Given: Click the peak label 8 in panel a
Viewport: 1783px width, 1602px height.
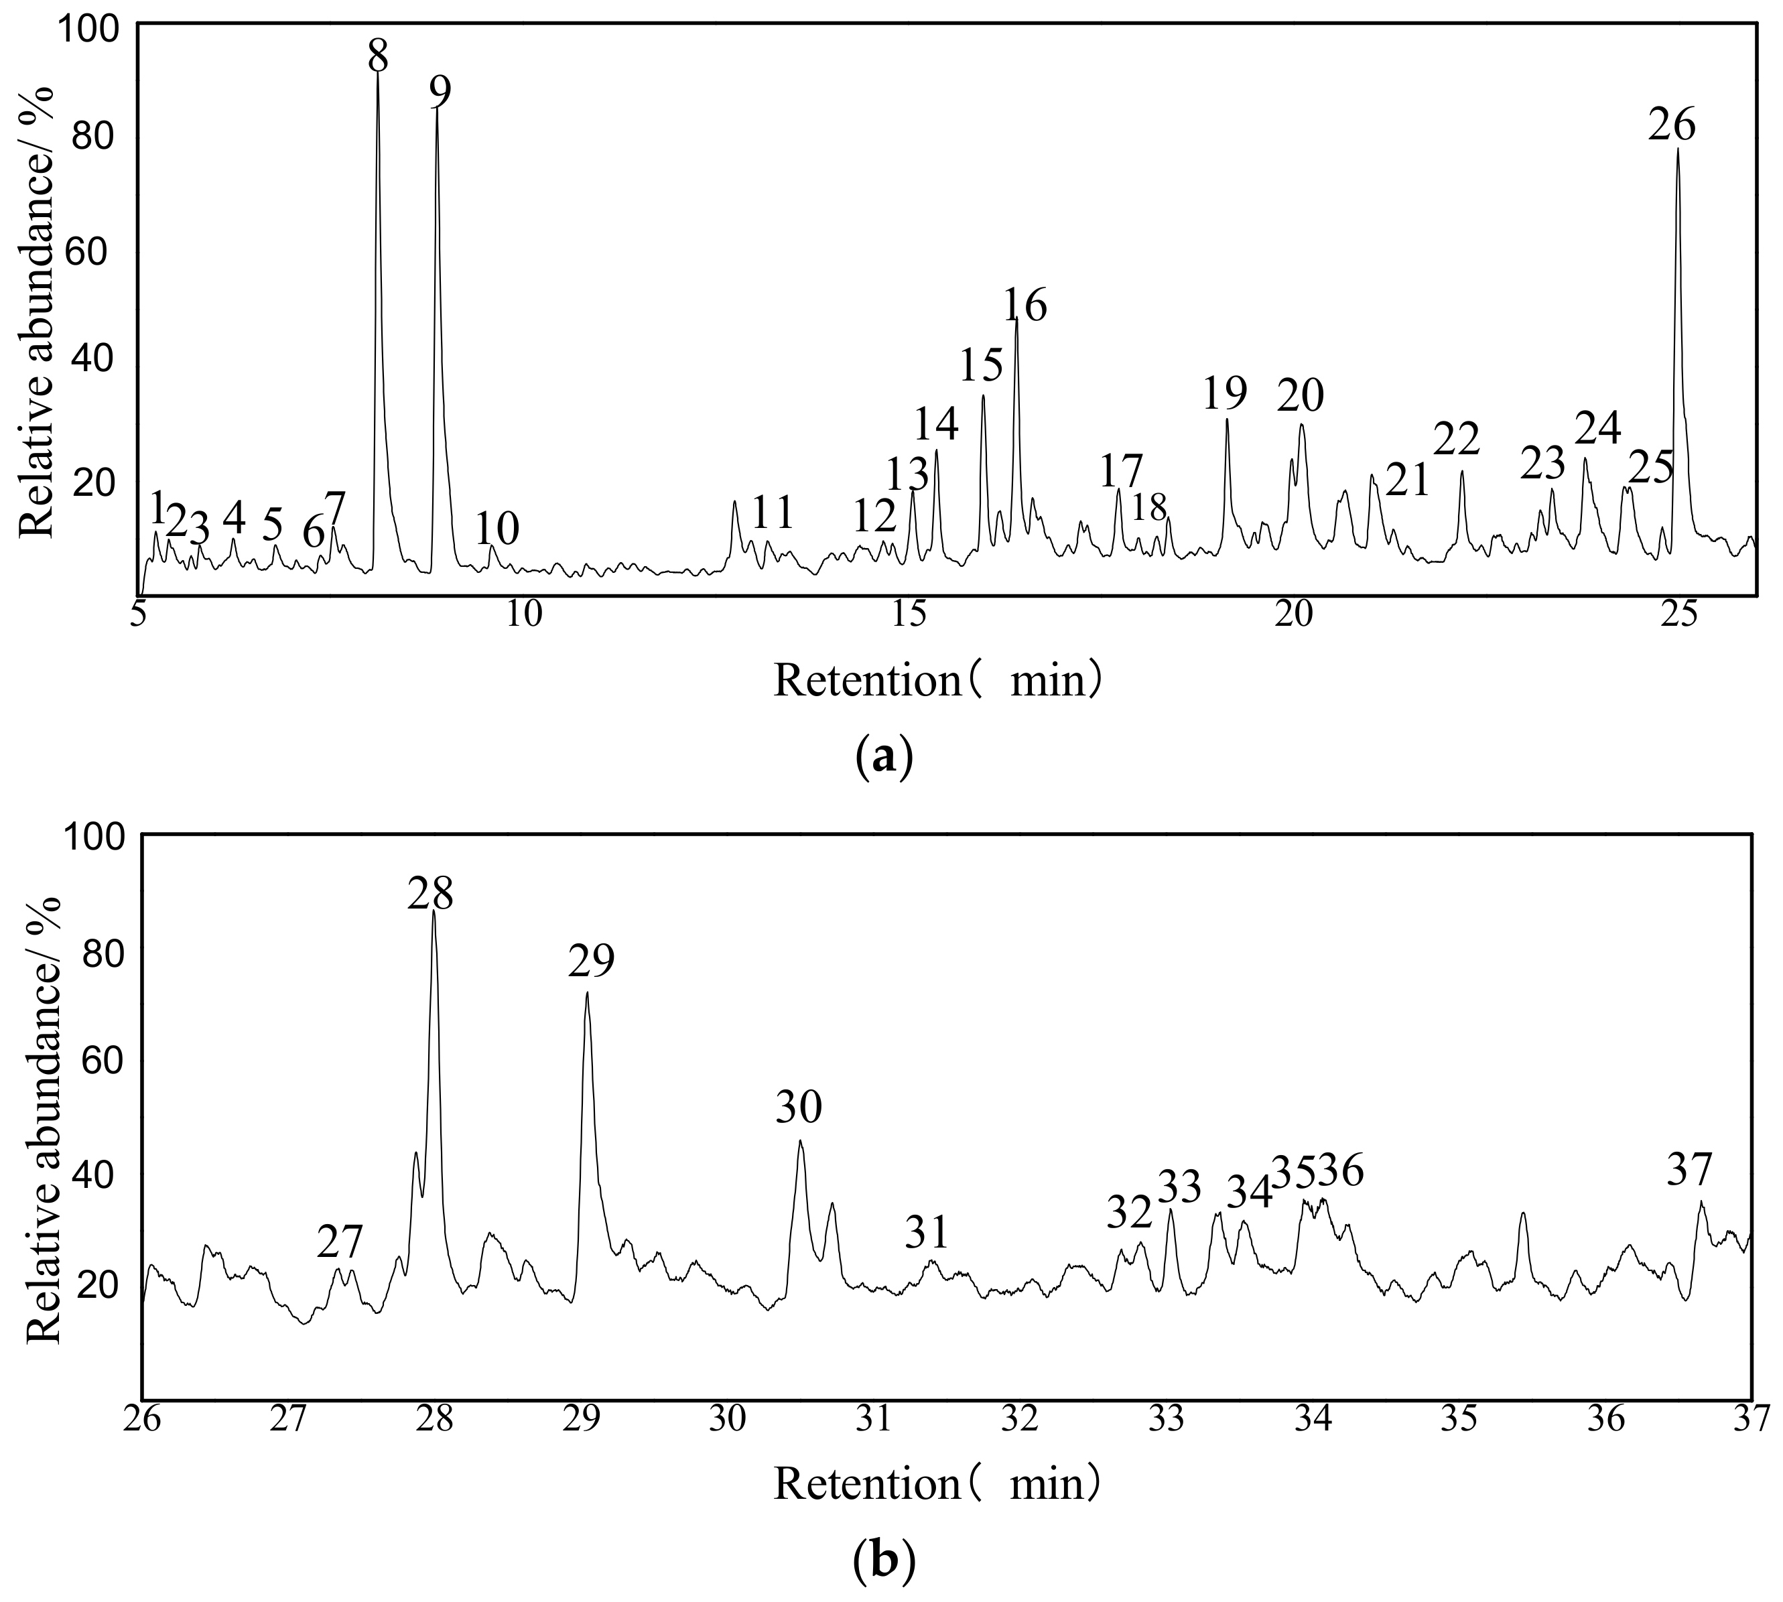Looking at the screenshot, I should coord(377,56).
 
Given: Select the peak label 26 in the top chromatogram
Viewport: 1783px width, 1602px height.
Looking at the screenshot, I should coord(1671,126).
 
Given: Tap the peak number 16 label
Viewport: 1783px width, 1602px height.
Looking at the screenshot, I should coord(1025,306).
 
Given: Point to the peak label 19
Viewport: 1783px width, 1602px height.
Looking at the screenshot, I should coord(1225,393).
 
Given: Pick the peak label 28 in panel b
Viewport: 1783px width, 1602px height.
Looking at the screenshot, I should coord(430,894).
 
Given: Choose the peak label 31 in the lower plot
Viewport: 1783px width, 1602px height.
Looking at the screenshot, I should coord(927,1232).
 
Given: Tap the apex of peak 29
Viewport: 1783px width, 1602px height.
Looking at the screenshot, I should coord(586,993).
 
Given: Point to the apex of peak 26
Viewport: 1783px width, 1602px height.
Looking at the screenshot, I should coord(1677,149).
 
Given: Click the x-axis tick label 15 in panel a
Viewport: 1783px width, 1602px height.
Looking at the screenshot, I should coord(910,614).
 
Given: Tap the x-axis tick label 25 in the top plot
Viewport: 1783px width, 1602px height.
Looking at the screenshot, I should coord(1680,614).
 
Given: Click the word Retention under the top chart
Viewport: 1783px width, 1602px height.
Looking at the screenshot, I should coord(867,681).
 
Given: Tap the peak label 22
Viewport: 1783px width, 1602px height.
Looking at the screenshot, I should coord(1457,438).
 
